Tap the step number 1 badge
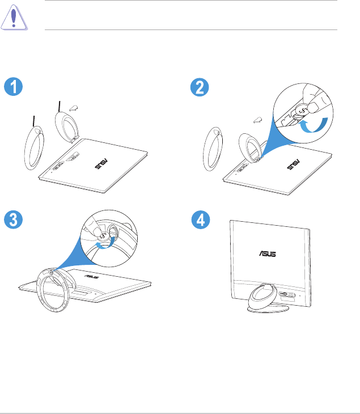13,87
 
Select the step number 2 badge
200,87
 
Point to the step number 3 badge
13,219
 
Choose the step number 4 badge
201,219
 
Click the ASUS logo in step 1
101,164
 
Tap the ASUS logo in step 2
293,164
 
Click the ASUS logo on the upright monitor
268,254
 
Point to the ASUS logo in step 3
92,276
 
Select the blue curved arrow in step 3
105,244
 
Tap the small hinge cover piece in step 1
74,108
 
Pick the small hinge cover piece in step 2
258,120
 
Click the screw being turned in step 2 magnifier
302,109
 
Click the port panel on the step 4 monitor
287,295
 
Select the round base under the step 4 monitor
268,309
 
